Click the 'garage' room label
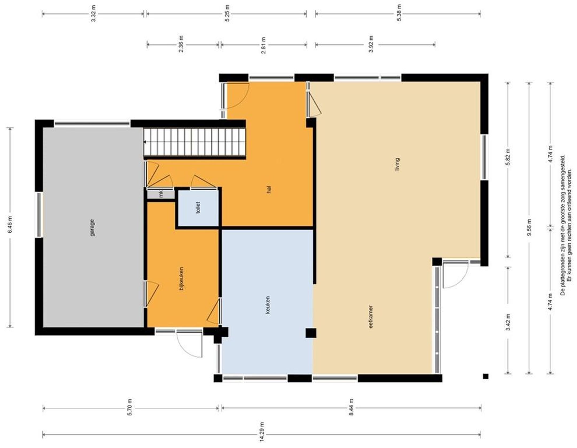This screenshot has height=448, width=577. (92, 228)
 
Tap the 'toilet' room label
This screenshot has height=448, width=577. (198, 207)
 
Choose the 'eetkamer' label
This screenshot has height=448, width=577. (371, 317)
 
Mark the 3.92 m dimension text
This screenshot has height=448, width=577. (371, 44)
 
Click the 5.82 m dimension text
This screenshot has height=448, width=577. (508, 157)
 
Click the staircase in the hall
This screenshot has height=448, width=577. (194, 142)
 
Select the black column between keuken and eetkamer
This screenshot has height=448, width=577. (311, 333)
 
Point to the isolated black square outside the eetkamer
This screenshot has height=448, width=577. (485, 376)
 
